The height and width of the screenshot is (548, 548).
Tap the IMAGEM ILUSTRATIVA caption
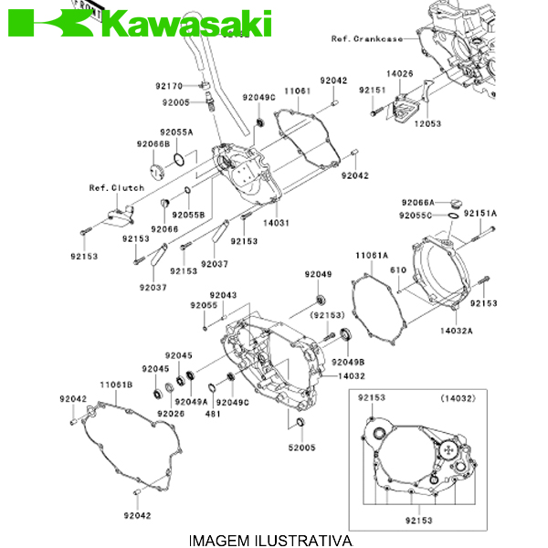pos(269,541)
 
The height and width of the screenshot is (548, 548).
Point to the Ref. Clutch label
pos(116,188)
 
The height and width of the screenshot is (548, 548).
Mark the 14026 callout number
pos(399,72)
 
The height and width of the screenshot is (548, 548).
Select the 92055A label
pos(176,132)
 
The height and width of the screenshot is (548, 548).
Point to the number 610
pos(398,270)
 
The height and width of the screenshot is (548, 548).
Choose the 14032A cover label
pos(456,331)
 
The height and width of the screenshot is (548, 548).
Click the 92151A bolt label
pos(479,213)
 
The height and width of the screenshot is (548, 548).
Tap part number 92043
pos(222,295)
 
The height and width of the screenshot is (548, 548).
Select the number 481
pos(212,414)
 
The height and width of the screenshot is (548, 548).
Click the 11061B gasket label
pos(116,385)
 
